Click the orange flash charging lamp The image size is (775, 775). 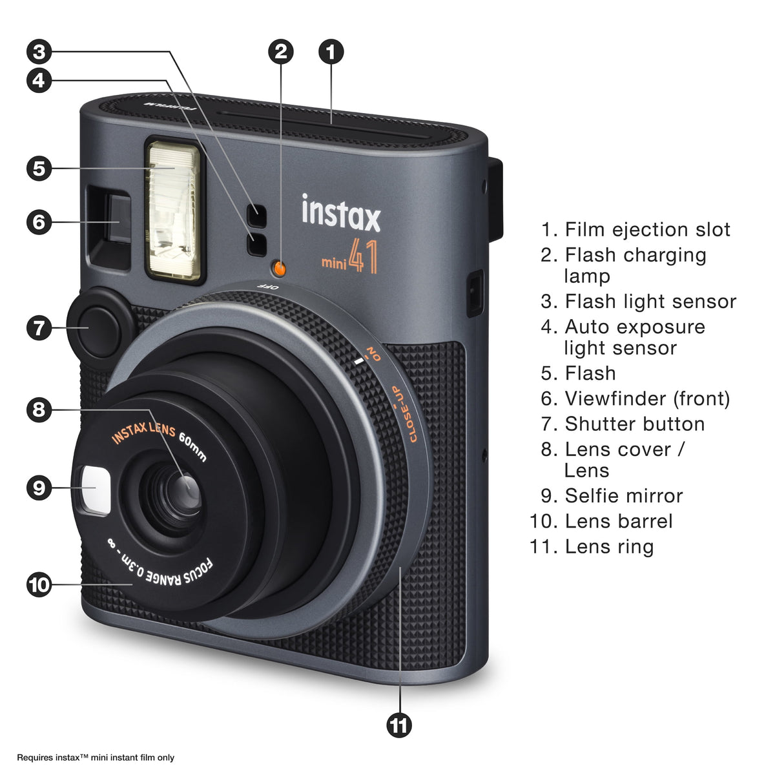(279, 268)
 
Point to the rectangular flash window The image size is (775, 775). (174, 210)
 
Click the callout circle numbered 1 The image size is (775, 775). (331, 52)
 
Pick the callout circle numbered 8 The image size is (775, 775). (39, 410)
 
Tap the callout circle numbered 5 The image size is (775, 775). (39, 168)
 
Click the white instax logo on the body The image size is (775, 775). (341, 212)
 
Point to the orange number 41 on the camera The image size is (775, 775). (363, 256)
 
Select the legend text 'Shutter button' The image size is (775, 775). (634, 424)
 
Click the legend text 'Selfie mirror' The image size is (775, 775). (624, 496)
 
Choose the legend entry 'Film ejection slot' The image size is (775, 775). (647, 230)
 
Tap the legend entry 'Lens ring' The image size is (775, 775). (609, 546)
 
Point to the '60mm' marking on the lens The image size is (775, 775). (192, 446)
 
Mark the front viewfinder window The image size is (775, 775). (118, 219)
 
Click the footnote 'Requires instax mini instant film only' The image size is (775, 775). (96, 758)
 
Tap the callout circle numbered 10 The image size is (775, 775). (39, 584)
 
